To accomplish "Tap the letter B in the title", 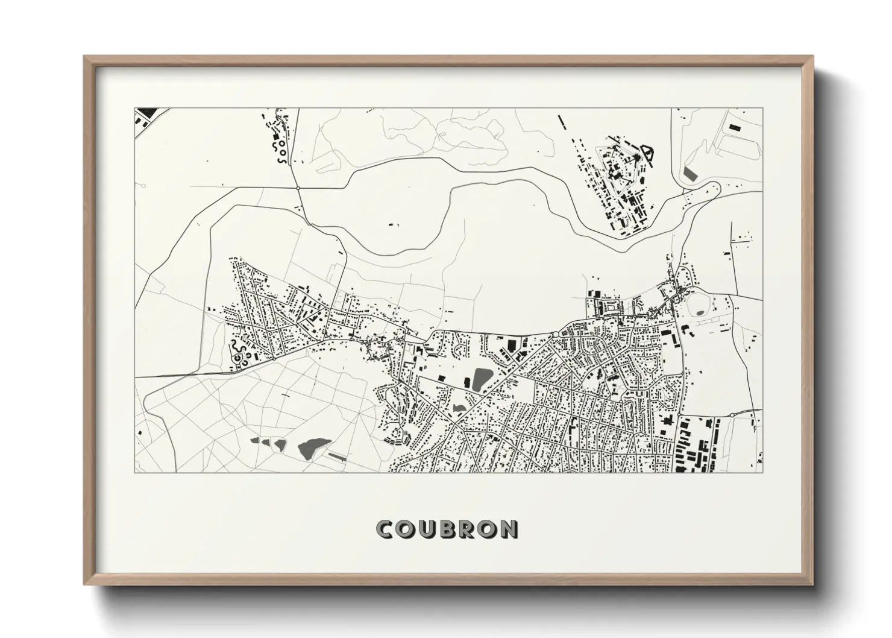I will click(x=446, y=529).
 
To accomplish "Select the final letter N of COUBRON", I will click(x=508, y=529).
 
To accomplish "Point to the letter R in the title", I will click(x=466, y=529).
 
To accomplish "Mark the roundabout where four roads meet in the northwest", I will click(x=298, y=188).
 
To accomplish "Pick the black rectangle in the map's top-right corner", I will click(x=734, y=127).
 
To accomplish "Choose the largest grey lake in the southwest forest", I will click(x=313, y=447).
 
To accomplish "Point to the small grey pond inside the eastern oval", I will click(x=699, y=312).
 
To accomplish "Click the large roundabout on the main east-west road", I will click(x=554, y=333).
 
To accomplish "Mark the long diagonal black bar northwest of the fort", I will click(x=565, y=125).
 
